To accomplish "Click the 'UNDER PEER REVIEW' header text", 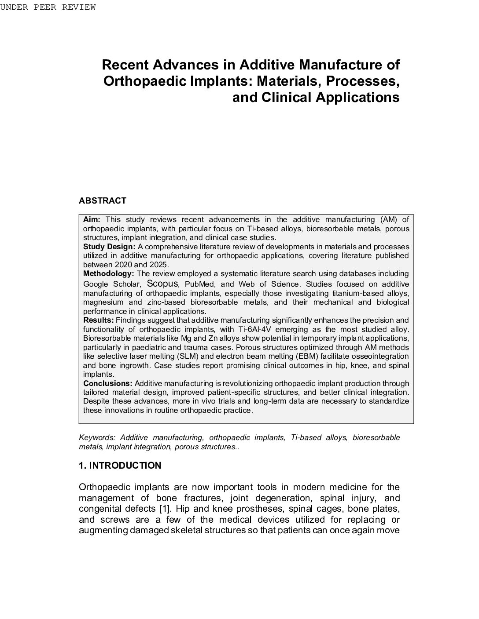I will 48,7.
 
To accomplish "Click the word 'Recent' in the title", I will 125,65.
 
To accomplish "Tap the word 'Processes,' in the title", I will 365,81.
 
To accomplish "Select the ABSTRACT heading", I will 103,201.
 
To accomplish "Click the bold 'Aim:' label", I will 92,219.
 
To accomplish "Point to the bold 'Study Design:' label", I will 109,247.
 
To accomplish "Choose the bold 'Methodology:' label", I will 108,273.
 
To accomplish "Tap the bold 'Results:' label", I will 99,320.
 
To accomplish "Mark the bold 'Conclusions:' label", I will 108,383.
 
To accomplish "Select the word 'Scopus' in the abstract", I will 162,283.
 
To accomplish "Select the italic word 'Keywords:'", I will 97,437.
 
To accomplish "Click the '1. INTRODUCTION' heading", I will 120,466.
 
